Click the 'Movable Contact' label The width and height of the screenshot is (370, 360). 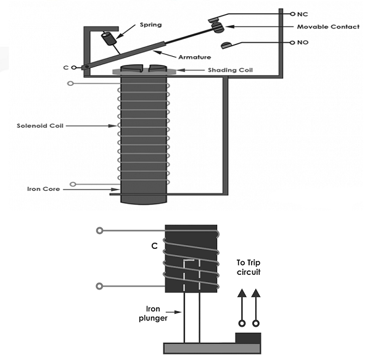[x=327, y=27]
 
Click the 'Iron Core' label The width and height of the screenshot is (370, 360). [x=43, y=189]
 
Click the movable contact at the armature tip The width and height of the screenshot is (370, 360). [x=218, y=26]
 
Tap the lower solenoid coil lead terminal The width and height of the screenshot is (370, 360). [x=73, y=183]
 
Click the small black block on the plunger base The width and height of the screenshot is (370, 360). [x=248, y=338]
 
